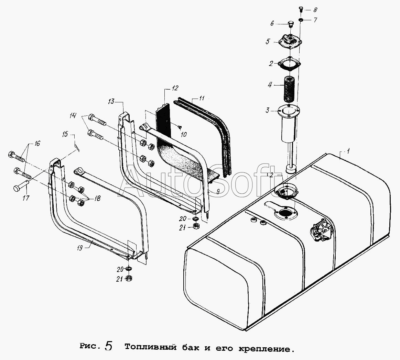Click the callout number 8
pyautogui.click(x=315, y=10)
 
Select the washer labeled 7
pyautogui.click(x=301, y=20)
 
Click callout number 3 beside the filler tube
pyautogui.click(x=268, y=111)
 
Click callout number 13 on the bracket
pyautogui.click(x=111, y=101)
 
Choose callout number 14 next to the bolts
pyautogui.click(x=73, y=116)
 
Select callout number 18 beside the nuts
pyautogui.click(x=97, y=198)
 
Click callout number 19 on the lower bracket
pyautogui.click(x=80, y=248)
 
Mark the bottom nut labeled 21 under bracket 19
pyautogui.click(x=129, y=279)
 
